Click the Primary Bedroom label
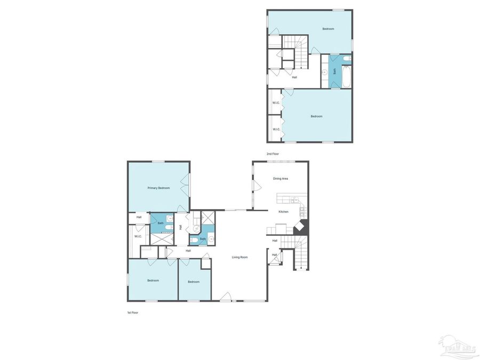coord(158,188)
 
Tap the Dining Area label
coord(281,179)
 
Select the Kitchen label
coord(283,212)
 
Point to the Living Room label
coord(239,257)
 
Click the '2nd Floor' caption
coord(273,154)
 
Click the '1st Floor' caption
coord(132,313)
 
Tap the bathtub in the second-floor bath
coord(347,77)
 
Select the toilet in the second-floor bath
coord(347,58)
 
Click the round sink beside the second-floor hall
coord(324,72)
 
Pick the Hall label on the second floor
coord(294,77)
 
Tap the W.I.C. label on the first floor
coord(138,236)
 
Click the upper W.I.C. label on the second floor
coord(276,103)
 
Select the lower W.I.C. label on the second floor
coord(276,129)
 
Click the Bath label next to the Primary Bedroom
coord(160,223)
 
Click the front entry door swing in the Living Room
coord(226,297)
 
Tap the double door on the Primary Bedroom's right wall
coord(185,184)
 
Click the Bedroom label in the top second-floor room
coord(328,29)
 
